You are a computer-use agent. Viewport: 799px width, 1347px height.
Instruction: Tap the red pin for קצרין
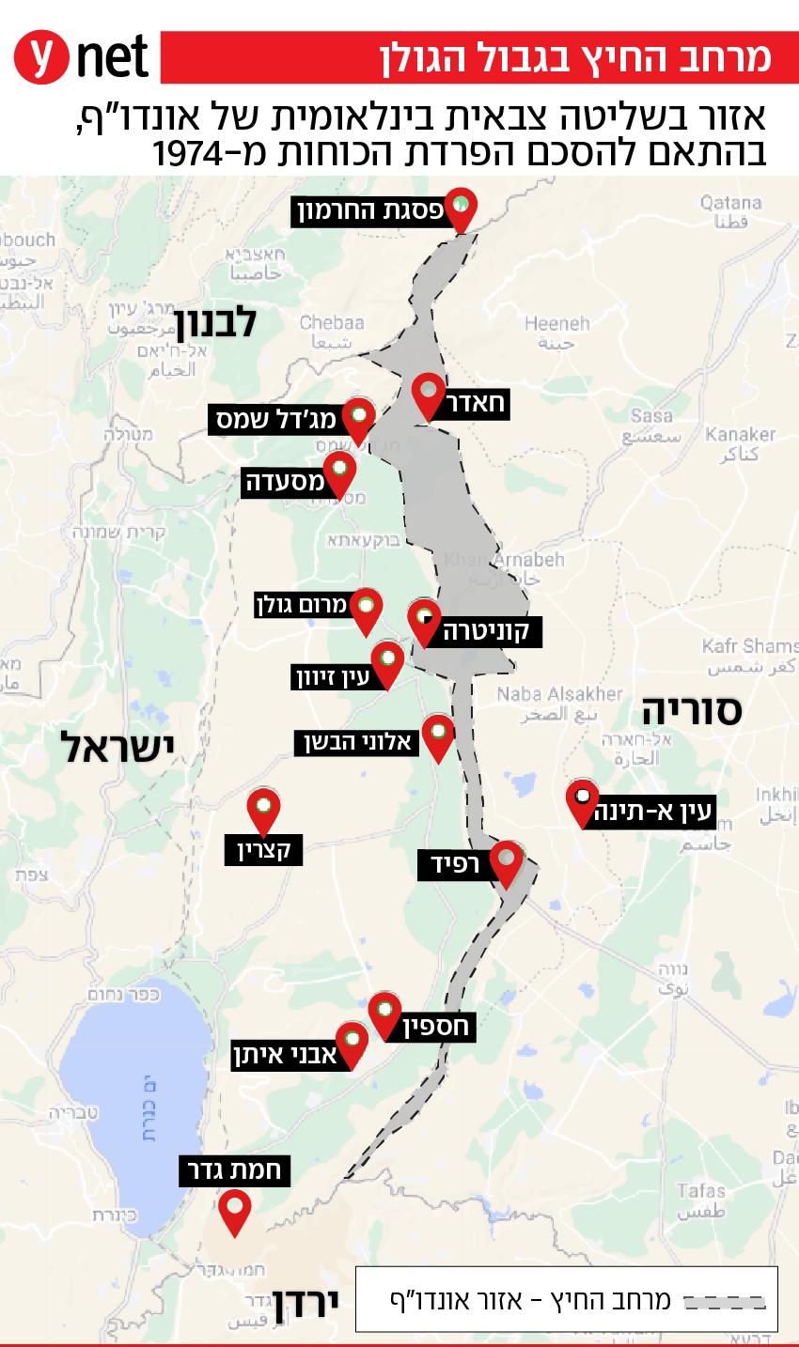point(264,810)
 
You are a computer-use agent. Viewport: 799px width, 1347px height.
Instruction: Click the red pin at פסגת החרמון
point(460,208)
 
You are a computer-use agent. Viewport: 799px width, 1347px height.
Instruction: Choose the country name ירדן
point(305,1305)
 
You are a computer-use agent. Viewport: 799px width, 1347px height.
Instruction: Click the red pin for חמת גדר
point(234,1210)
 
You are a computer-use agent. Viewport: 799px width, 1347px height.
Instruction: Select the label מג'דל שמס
point(273,419)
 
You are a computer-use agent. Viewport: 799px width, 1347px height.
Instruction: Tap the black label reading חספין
point(435,1027)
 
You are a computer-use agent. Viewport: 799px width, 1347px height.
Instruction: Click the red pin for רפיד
point(508,862)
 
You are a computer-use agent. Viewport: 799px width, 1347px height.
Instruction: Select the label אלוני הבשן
point(354,742)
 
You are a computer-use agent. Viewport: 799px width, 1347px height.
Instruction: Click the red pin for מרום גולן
point(366,610)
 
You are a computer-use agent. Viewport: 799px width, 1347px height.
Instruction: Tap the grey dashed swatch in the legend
point(723,1301)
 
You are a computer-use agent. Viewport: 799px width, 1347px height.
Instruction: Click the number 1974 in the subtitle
point(194,153)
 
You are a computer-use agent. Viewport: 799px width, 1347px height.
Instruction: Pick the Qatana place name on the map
point(730,202)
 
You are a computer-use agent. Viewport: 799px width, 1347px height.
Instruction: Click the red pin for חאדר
point(428,395)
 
